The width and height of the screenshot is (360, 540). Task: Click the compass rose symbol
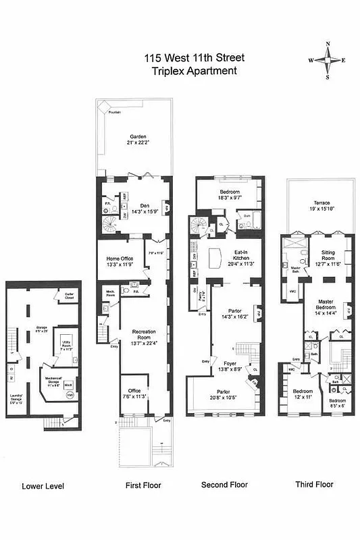pyautogui.click(x=328, y=60)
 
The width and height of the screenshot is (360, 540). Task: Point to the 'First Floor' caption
pyautogui.click(x=143, y=485)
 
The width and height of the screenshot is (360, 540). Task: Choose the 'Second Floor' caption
pyautogui.click(x=225, y=485)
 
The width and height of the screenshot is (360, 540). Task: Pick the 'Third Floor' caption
pyautogui.click(x=314, y=484)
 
